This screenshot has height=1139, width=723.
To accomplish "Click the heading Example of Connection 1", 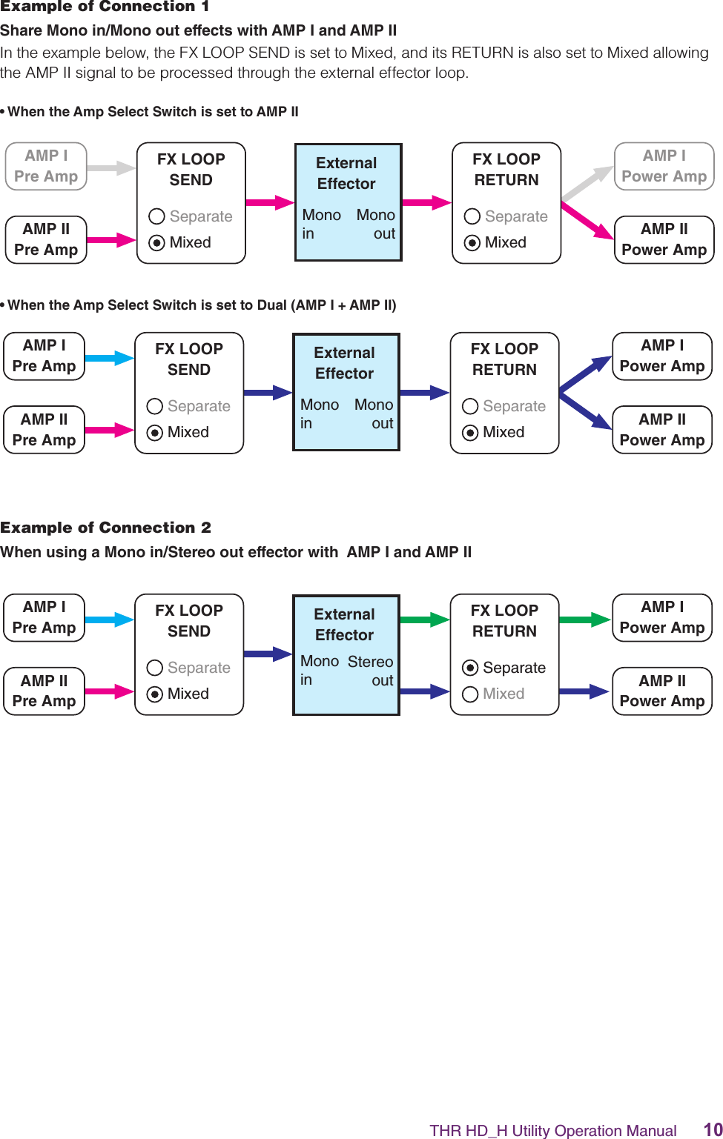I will [105, 7].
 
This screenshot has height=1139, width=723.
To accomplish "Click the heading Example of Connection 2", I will [105, 528].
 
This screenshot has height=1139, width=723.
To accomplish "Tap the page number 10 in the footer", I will [713, 1129].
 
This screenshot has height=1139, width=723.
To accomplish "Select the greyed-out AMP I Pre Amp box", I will [46, 166].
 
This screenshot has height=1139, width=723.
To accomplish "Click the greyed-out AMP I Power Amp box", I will [664, 166].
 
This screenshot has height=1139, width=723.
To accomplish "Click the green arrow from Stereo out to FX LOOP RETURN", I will [424, 620].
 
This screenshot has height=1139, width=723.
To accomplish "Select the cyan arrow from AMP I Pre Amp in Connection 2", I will [109, 620].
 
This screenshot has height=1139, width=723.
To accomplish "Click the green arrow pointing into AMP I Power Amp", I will [584, 620].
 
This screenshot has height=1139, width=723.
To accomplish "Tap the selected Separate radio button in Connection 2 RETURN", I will [470, 668].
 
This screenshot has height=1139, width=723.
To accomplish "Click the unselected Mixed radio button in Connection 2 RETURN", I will [470, 694].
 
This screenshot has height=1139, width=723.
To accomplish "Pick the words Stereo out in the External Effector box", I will [371, 670].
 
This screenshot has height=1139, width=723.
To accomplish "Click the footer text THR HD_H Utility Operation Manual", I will [552, 1130].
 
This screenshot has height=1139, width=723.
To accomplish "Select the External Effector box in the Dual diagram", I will [346, 392].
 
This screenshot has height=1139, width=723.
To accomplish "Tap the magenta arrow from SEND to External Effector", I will [269, 202].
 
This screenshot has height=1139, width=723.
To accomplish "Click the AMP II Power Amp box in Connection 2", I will [661, 691].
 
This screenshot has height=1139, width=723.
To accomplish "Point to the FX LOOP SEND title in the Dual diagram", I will [189, 359].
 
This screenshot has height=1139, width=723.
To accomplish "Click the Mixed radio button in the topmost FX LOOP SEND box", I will [156, 242].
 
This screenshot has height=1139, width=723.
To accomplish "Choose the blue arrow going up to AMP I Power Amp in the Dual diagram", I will [586, 373].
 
